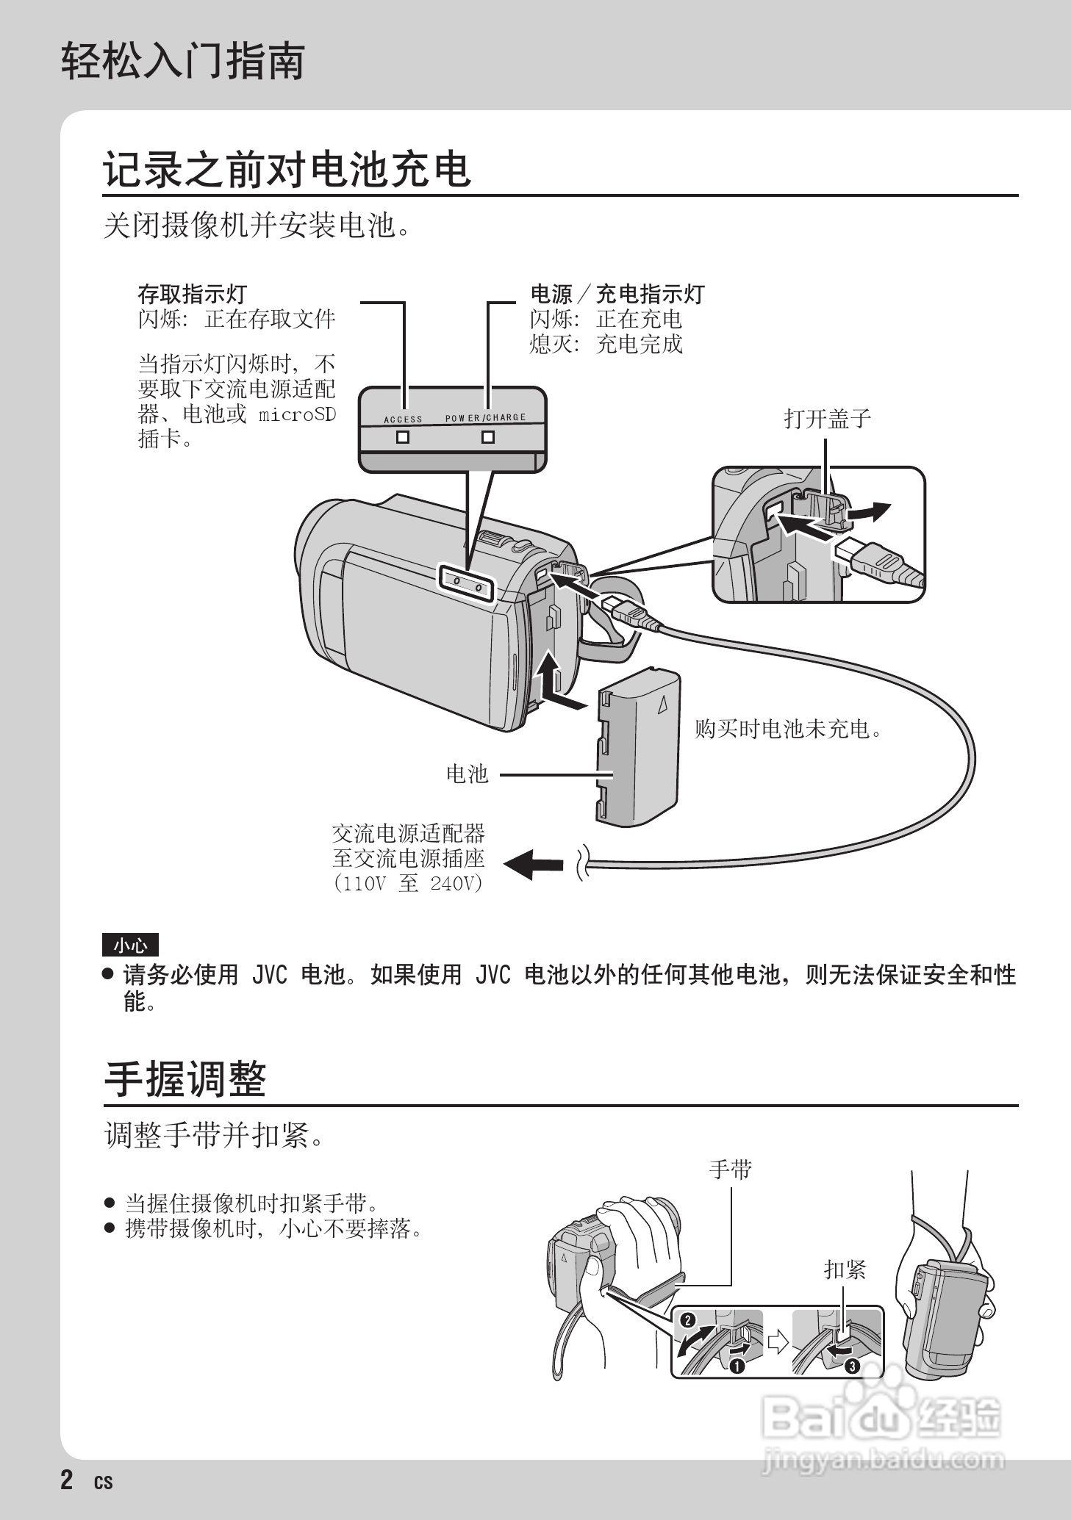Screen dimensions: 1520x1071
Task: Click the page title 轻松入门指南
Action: pyautogui.click(x=182, y=61)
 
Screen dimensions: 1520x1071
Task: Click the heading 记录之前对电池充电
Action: pyautogui.click(x=287, y=170)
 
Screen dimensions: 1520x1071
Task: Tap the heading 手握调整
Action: pyautogui.click(x=185, y=1079)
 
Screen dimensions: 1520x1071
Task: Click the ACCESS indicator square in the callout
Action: pyautogui.click(x=403, y=437)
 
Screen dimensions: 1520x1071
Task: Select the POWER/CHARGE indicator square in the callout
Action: pyautogui.click(x=487, y=437)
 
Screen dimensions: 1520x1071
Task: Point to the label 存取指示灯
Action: pyautogui.click(x=193, y=295)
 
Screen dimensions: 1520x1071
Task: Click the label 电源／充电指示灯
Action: pyautogui.click(x=617, y=295)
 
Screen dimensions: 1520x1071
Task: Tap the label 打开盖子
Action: pyautogui.click(x=827, y=419)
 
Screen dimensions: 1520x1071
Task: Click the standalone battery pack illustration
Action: pyautogui.click(x=637, y=747)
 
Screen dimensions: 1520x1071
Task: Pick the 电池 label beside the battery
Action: pyautogui.click(x=467, y=774)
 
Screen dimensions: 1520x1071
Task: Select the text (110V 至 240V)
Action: pyautogui.click(x=408, y=883)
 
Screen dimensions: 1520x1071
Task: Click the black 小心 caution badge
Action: pyautogui.click(x=130, y=946)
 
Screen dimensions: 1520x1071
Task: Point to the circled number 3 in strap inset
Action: pyautogui.click(x=852, y=1366)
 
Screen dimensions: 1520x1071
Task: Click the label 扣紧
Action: pyautogui.click(x=845, y=1269)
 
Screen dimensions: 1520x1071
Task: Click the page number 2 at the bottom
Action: pyautogui.click(x=67, y=1479)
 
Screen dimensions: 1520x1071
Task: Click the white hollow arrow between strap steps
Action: pyautogui.click(x=778, y=1342)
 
